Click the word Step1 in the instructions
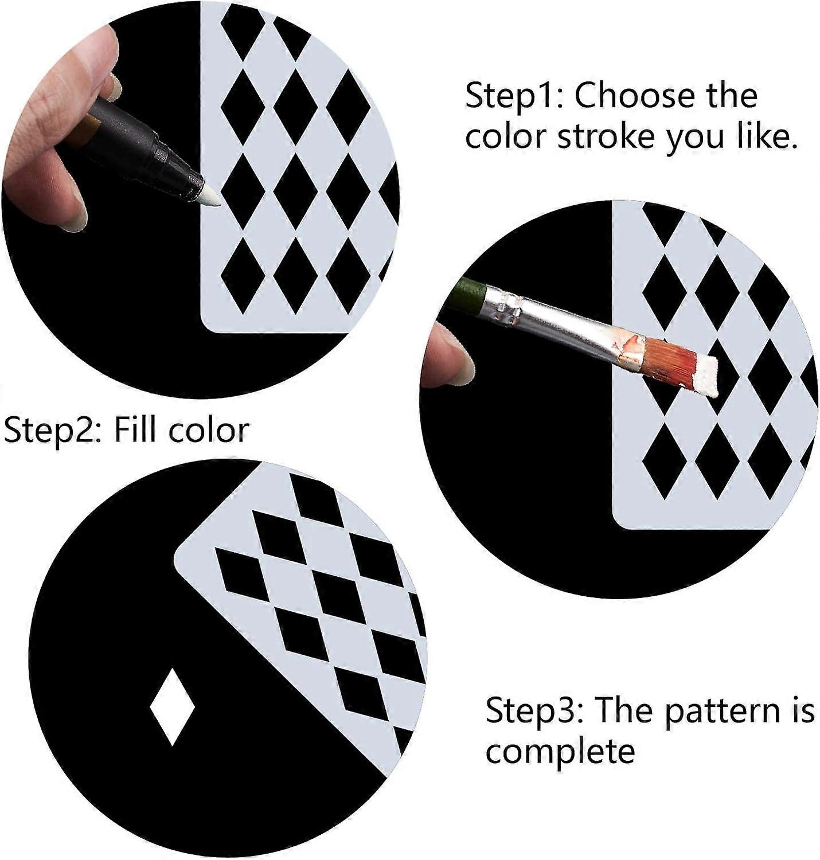[514, 96]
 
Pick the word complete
[560, 751]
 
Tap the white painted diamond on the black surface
[172, 706]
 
